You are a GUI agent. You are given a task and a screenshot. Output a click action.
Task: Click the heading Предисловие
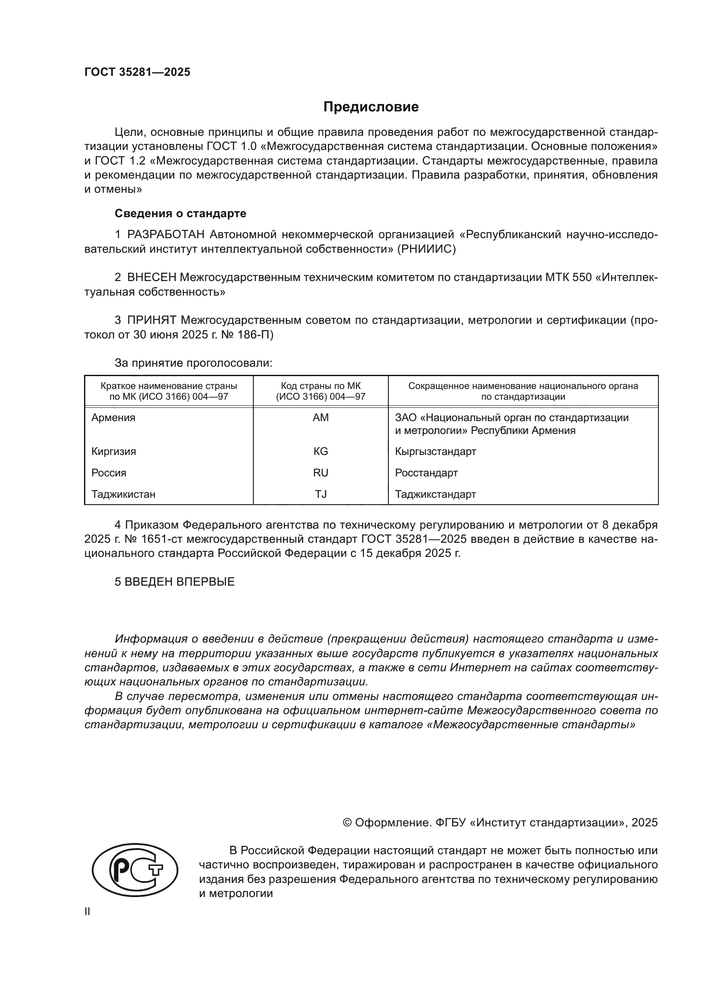tap(371, 107)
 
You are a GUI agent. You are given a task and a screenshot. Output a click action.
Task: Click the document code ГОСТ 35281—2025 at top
tap(138, 72)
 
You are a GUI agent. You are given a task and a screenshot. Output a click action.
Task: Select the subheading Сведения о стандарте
tap(180, 213)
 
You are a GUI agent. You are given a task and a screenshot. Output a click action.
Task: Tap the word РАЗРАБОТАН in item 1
tap(166, 235)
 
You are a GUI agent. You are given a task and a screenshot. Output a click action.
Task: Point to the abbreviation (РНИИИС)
tap(426, 249)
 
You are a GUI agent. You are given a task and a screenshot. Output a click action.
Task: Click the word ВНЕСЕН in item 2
tap(151, 277)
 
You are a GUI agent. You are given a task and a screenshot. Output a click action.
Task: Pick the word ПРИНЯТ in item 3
tap(151, 320)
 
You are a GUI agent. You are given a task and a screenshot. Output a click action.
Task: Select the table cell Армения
tap(114, 418)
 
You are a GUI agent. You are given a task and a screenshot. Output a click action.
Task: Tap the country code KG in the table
tap(321, 451)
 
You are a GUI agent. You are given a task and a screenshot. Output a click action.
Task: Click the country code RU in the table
tap(321, 473)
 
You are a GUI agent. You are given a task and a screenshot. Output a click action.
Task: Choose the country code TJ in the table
tap(321, 494)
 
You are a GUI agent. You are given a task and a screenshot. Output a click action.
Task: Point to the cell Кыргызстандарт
tap(435, 451)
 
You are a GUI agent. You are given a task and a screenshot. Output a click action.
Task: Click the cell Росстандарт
tap(426, 473)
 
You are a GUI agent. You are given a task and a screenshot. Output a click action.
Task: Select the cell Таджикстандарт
tap(435, 494)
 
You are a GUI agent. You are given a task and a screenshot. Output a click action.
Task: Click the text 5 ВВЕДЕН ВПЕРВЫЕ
tap(174, 582)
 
